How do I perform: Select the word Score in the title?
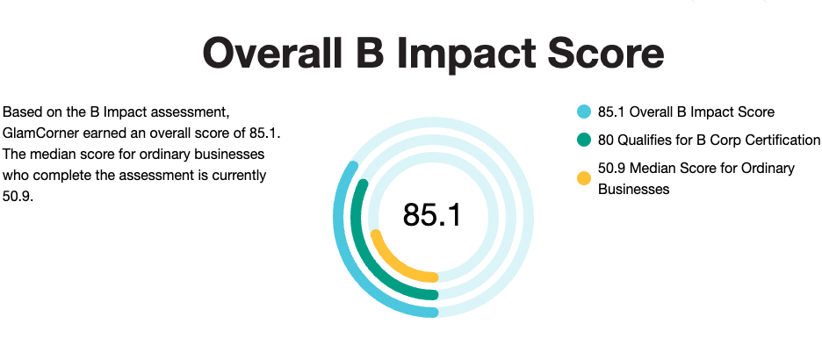[x=607, y=54]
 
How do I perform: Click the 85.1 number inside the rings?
[x=432, y=215]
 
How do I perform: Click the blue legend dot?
[x=584, y=112]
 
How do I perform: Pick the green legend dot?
[x=584, y=140]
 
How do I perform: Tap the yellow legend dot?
[x=584, y=178]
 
